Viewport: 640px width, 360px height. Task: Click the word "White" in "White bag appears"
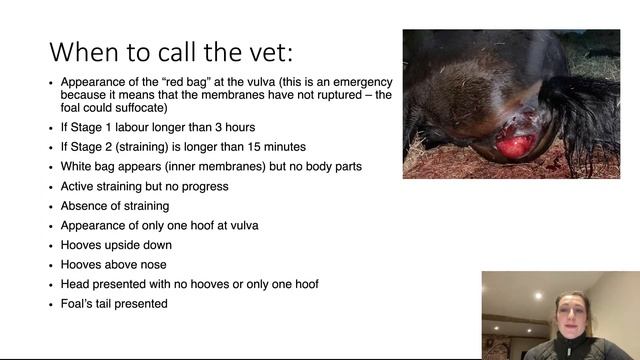coord(78,166)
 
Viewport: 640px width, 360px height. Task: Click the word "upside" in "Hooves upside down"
coord(127,245)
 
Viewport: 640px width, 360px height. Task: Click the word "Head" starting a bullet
coord(76,284)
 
